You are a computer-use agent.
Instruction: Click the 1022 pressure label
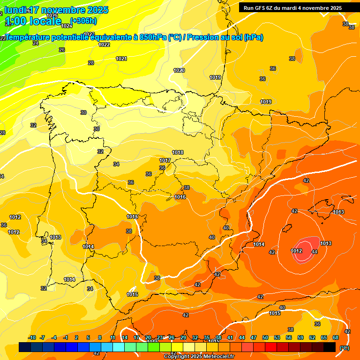[x=104, y=45]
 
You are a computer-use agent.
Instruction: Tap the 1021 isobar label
[x=121, y=59]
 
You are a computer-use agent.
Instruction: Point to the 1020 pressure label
[x=179, y=70]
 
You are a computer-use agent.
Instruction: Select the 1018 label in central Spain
[x=178, y=152]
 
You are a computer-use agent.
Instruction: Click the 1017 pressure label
[x=165, y=160]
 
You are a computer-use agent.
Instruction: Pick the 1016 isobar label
[x=180, y=197]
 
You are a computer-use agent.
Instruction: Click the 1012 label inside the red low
[x=296, y=251]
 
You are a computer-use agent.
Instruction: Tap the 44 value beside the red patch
[x=315, y=252]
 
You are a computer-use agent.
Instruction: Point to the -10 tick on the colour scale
[x=32, y=337]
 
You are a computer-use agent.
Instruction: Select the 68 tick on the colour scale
[x=336, y=337]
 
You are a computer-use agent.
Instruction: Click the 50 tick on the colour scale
[x=266, y=337]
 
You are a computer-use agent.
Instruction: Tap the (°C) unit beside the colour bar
[x=344, y=347]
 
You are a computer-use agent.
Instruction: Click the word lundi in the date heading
[x=16, y=10]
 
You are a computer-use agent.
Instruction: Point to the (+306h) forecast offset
[x=83, y=21]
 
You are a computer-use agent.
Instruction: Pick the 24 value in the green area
[x=36, y=43]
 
